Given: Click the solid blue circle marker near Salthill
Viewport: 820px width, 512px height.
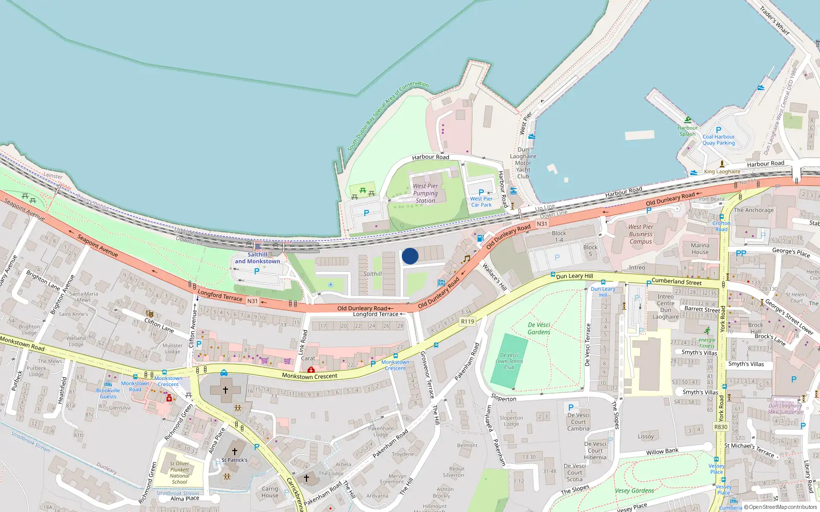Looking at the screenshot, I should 410,256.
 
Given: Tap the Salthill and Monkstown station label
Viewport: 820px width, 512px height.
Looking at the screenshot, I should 257,258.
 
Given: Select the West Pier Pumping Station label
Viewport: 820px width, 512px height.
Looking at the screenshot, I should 425,194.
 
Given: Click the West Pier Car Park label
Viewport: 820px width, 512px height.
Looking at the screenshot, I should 481,202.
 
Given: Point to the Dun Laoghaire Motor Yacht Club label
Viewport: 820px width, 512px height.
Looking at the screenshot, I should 523,163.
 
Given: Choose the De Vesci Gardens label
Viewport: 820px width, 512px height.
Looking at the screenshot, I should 539,328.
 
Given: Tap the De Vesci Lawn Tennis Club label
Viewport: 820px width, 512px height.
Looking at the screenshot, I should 509,361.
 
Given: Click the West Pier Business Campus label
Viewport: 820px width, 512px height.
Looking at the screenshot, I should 641,234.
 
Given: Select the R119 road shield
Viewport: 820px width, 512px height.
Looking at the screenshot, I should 467,322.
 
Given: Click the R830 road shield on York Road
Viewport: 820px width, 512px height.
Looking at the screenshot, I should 721,426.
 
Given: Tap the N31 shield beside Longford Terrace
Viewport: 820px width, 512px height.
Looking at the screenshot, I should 253,301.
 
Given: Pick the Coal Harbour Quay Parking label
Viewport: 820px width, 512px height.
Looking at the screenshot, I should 719,140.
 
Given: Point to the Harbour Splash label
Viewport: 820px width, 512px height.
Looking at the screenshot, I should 687,131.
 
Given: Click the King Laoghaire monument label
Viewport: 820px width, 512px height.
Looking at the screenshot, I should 722,172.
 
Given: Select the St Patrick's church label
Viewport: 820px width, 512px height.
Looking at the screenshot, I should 234,460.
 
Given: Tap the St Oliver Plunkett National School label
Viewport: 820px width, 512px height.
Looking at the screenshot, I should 179,473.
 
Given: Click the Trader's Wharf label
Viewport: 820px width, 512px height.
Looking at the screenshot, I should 774,20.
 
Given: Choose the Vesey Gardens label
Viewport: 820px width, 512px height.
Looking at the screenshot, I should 634,490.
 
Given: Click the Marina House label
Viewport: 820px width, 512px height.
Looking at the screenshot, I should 700,248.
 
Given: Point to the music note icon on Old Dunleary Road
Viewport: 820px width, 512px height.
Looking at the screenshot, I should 466,259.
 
